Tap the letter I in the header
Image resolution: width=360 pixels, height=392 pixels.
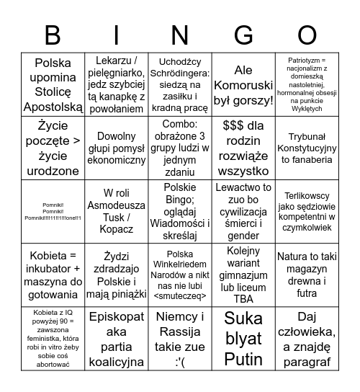(x=117, y=35)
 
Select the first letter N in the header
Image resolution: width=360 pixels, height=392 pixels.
(x=180, y=35)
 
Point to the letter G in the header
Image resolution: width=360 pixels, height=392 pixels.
(x=243, y=35)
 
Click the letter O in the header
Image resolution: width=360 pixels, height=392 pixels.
(x=306, y=35)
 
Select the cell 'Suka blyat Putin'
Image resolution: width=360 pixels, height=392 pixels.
(x=243, y=339)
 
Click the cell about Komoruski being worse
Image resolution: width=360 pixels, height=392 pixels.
(x=243, y=84)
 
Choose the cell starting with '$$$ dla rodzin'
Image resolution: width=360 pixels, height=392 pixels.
(x=243, y=147)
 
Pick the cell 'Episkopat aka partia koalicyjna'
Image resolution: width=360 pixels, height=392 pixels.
(x=117, y=339)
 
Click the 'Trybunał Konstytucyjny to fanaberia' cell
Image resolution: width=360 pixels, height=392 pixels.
(x=306, y=147)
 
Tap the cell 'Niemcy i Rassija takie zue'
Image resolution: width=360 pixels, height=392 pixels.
(x=180, y=339)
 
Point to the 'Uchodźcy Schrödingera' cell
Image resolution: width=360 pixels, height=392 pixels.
(x=180, y=84)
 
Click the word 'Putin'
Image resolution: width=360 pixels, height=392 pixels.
(x=243, y=358)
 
